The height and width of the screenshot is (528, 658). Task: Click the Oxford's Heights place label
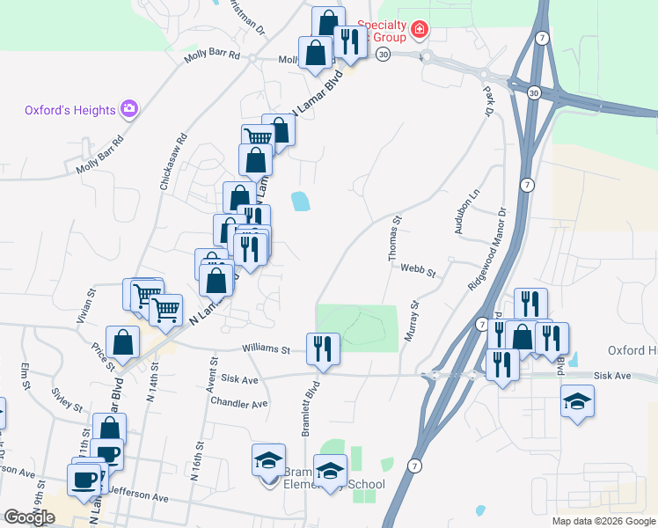click(x=69, y=110)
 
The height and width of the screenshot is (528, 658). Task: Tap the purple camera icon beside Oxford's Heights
click(x=130, y=109)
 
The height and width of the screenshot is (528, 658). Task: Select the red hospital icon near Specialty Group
click(x=420, y=31)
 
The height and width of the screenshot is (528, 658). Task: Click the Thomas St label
click(x=395, y=238)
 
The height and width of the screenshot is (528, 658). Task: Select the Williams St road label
click(x=267, y=349)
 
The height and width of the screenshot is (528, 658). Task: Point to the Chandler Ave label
click(x=238, y=403)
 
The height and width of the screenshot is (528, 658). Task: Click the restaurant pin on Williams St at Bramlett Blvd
click(x=323, y=348)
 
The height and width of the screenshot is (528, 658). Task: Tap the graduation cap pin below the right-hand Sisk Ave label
click(x=577, y=402)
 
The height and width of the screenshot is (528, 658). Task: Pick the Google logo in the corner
click(x=29, y=517)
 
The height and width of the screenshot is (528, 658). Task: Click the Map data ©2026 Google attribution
click(x=603, y=521)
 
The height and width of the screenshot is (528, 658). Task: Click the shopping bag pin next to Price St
click(x=122, y=342)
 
